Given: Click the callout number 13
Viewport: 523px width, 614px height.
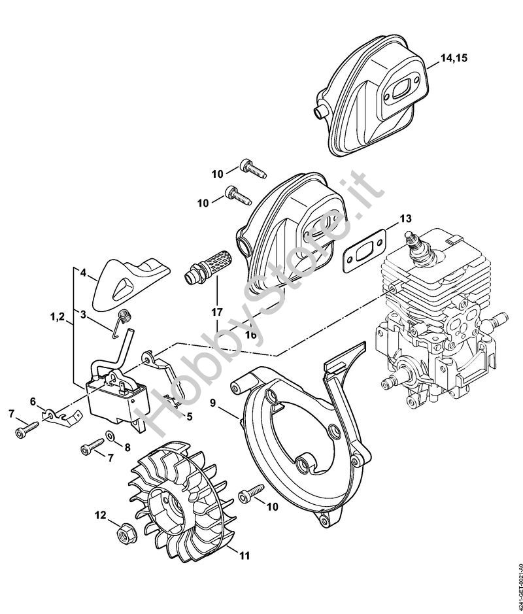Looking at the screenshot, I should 406,218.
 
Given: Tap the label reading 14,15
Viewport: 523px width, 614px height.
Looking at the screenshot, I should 454,59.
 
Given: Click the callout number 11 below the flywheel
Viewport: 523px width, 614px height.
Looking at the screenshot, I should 244,556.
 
